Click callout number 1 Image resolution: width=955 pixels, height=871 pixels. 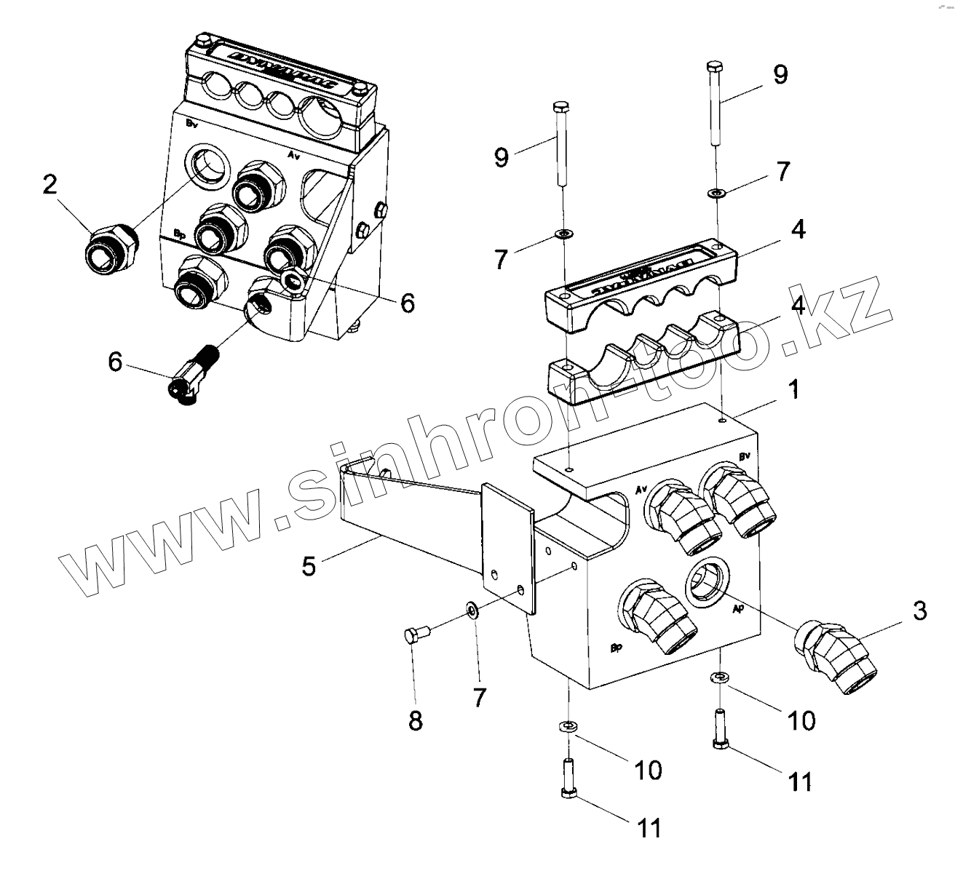(794, 391)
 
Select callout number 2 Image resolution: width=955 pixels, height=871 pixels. (49, 185)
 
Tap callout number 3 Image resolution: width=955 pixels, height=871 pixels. (919, 611)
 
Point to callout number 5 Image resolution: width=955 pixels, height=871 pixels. (309, 566)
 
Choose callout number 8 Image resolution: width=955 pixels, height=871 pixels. (415, 720)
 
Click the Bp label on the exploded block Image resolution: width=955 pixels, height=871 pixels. (616, 647)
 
